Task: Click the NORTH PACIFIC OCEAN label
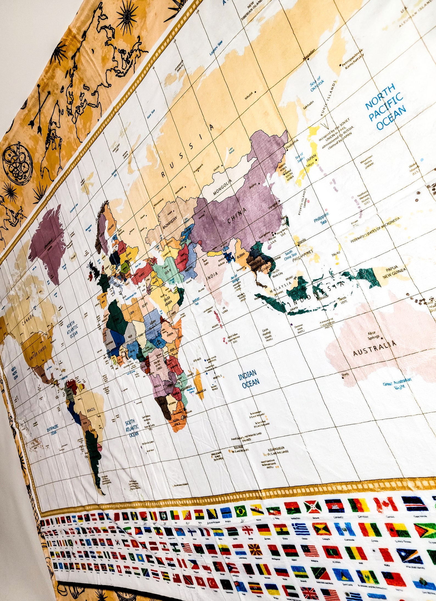386,107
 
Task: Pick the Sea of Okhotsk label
317,84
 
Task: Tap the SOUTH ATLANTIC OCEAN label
132,428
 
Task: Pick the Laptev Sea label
216,48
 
